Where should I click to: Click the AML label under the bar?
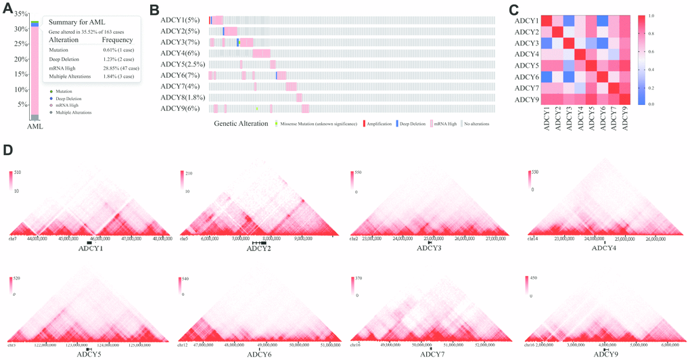(x=35, y=126)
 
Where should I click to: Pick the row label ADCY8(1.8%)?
(x=183, y=97)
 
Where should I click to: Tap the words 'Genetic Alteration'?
(x=241, y=124)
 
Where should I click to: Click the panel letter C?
(x=513, y=9)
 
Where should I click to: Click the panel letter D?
(x=7, y=148)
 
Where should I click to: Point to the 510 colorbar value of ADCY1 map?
(x=18, y=174)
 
